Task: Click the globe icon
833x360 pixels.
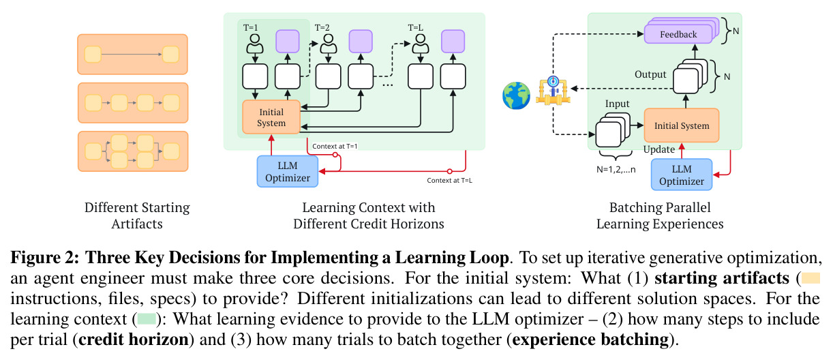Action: [516, 95]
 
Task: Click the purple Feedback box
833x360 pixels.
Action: [678, 34]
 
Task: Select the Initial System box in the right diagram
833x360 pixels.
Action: [682, 125]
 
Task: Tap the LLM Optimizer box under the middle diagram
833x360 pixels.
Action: [288, 171]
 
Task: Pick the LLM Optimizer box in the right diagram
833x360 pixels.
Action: [682, 175]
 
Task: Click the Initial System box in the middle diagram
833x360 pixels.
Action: [271, 117]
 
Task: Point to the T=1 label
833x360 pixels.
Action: [251, 27]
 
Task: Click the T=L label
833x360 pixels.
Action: [415, 27]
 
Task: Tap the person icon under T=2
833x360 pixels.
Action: [329, 44]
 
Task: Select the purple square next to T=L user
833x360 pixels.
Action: [453, 42]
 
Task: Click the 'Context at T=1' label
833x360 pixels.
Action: [335, 146]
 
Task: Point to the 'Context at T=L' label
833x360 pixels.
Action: [449, 181]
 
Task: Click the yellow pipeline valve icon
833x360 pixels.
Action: [553, 91]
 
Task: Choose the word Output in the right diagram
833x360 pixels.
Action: [650, 74]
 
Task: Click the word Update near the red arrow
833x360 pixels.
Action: [659, 149]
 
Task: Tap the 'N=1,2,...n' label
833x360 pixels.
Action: [616, 170]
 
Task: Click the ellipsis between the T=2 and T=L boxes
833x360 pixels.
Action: [387, 85]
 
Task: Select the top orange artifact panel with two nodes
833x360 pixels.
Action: [132, 55]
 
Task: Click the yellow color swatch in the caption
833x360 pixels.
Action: [811, 278]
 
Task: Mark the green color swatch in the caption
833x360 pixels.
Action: [147, 319]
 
